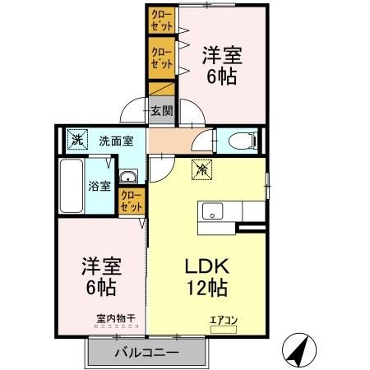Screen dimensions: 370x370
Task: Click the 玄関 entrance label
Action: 160,111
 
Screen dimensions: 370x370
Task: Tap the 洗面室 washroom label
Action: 116,140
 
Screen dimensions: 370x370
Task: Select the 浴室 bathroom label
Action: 99,185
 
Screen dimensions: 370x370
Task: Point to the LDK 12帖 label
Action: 205,277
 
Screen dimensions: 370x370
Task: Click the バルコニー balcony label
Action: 146,353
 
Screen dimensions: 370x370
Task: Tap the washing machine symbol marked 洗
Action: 76,139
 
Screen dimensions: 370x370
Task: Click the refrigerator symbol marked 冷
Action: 201,171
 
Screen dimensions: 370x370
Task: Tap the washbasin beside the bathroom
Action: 128,178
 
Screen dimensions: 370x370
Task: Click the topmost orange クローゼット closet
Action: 161,20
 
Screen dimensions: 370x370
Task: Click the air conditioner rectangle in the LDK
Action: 223,329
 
